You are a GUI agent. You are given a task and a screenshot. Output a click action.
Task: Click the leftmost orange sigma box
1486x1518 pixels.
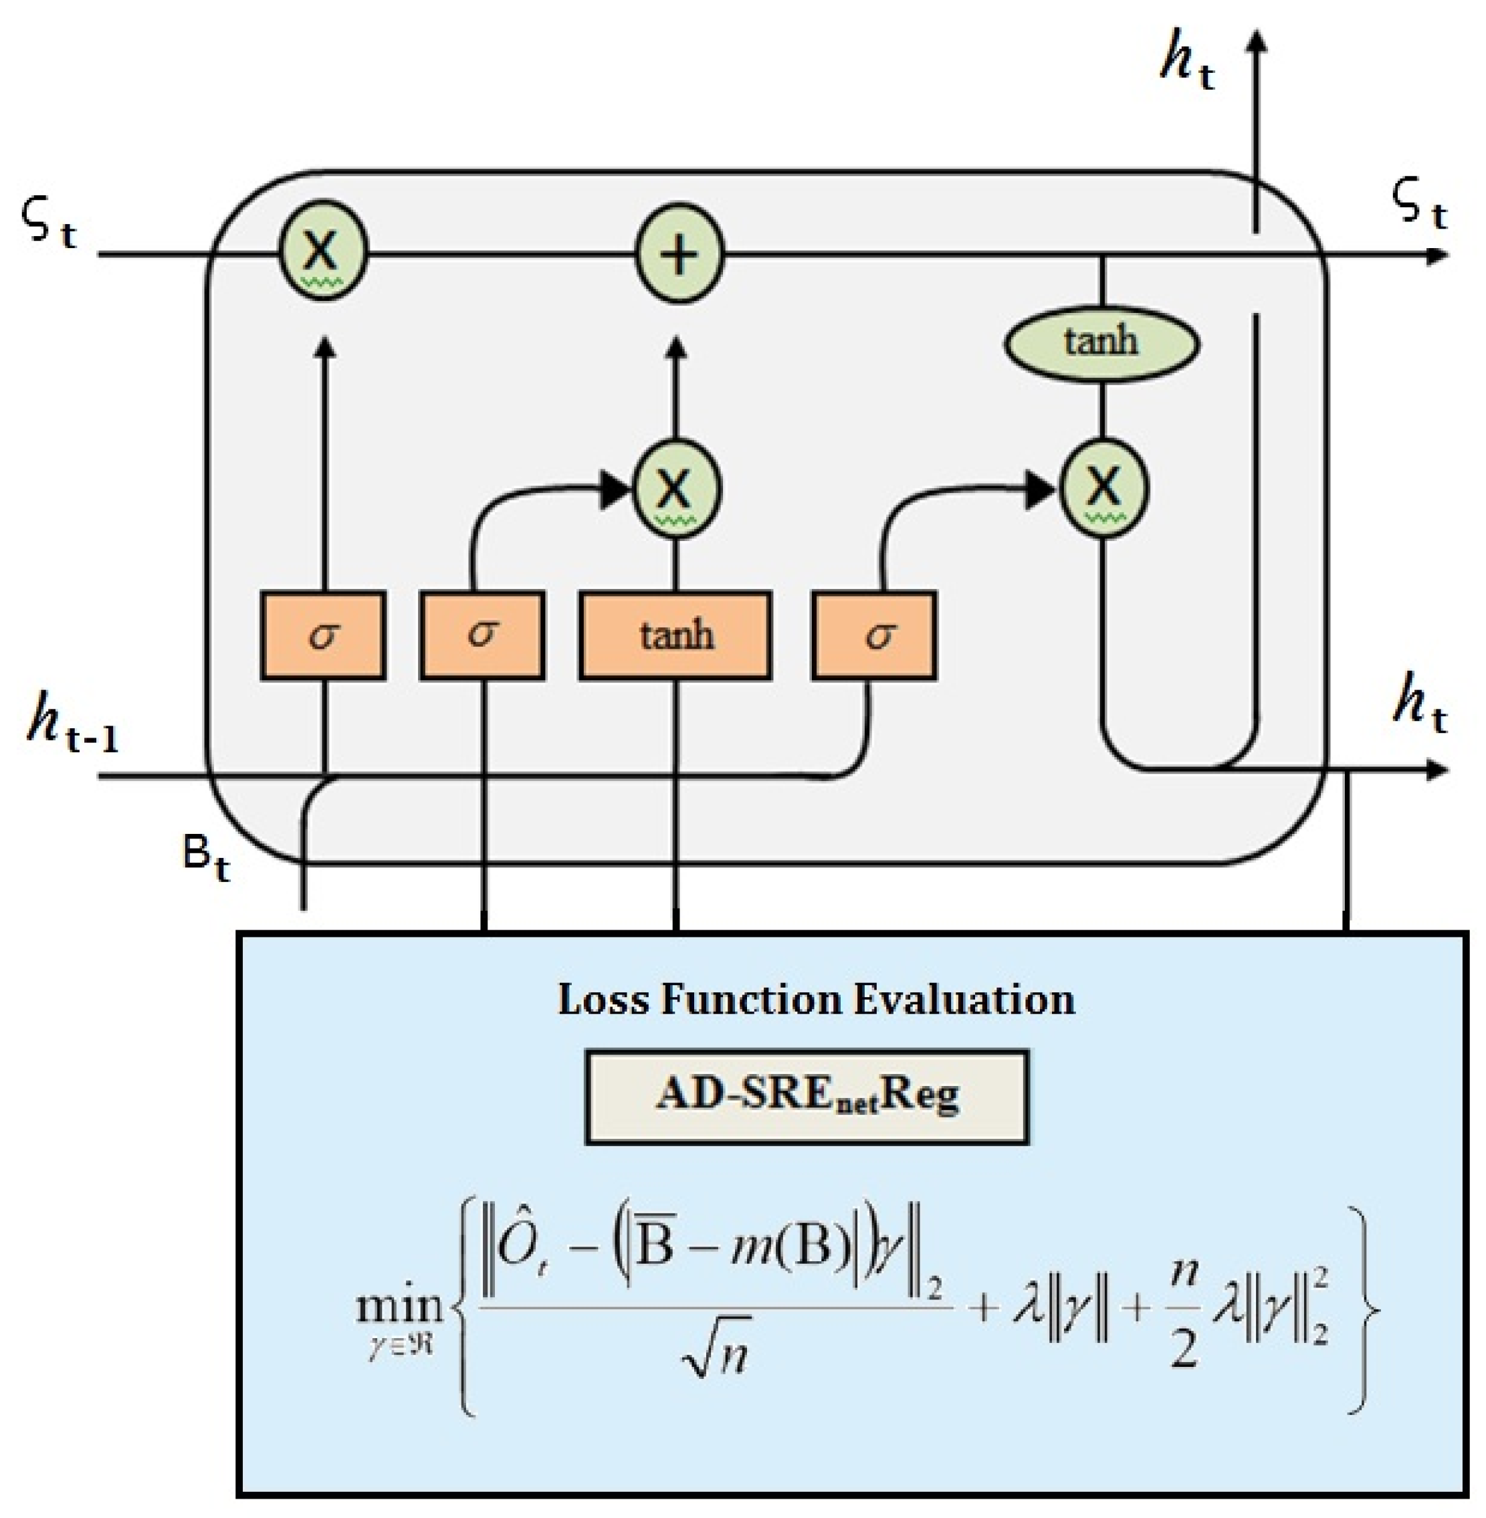pos(323,635)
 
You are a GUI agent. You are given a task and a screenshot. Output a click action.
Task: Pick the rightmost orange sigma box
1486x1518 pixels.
pos(875,635)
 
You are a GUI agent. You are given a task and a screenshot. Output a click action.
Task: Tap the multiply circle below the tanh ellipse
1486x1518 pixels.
pos(1103,487)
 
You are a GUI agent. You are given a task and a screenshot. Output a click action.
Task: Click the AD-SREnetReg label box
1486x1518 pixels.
pos(807,1097)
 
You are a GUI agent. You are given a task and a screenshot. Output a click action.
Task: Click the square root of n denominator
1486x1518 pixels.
pos(716,1359)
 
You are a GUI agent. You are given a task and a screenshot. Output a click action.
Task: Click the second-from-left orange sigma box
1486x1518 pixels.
pos(482,635)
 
